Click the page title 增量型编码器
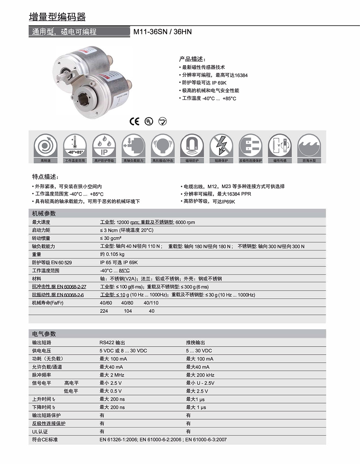point(57,17)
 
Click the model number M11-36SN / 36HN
point(162,32)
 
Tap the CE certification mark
point(134,121)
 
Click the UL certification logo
point(149,121)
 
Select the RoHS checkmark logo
point(162,121)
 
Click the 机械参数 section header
point(44,214)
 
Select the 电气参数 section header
point(44,334)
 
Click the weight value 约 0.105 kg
point(112,254)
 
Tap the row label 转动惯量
point(41,238)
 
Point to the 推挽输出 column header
point(196,343)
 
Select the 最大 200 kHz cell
point(200,375)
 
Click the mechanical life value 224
point(104,311)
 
